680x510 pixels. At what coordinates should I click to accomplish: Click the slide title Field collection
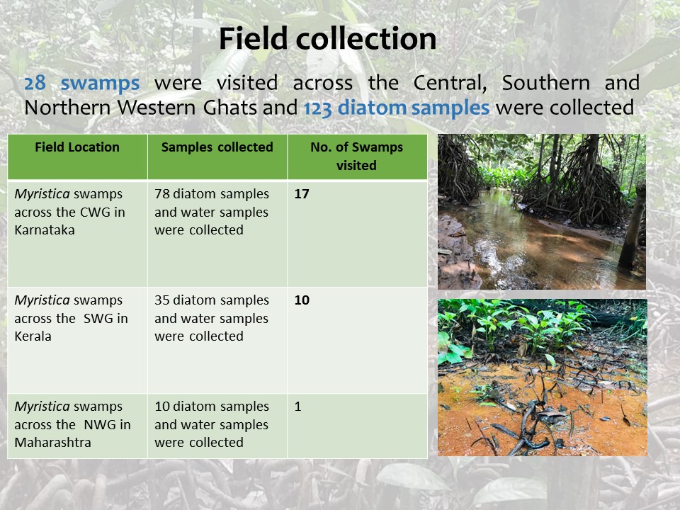pyautogui.click(x=327, y=38)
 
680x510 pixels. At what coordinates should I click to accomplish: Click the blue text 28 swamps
pyautogui.click(x=82, y=83)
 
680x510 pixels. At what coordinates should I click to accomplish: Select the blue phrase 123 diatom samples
pyautogui.click(x=397, y=108)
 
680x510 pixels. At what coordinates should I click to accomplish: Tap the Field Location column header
pyautogui.click(x=77, y=147)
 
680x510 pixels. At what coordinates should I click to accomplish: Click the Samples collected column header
pyautogui.click(x=217, y=147)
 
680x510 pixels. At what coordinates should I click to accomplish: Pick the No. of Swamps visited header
pyautogui.click(x=356, y=156)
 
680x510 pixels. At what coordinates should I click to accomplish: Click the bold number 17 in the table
pyautogui.click(x=302, y=194)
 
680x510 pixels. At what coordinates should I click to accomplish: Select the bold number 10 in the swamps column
pyautogui.click(x=302, y=300)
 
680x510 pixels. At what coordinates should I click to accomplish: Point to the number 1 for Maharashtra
pyautogui.click(x=298, y=407)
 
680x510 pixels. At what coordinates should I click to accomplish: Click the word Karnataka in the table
pyautogui.click(x=45, y=229)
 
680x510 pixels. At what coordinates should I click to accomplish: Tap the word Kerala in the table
pyautogui.click(x=33, y=336)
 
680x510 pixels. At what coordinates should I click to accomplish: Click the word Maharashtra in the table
pyautogui.click(x=53, y=442)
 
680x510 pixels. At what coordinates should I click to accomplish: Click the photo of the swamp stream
pyautogui.click(x=542, y=212)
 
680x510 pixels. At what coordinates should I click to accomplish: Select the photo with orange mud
pyautogui.click(x=543, y=378)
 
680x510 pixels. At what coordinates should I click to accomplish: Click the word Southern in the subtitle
pyautogui.click(x=545, y=83)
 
